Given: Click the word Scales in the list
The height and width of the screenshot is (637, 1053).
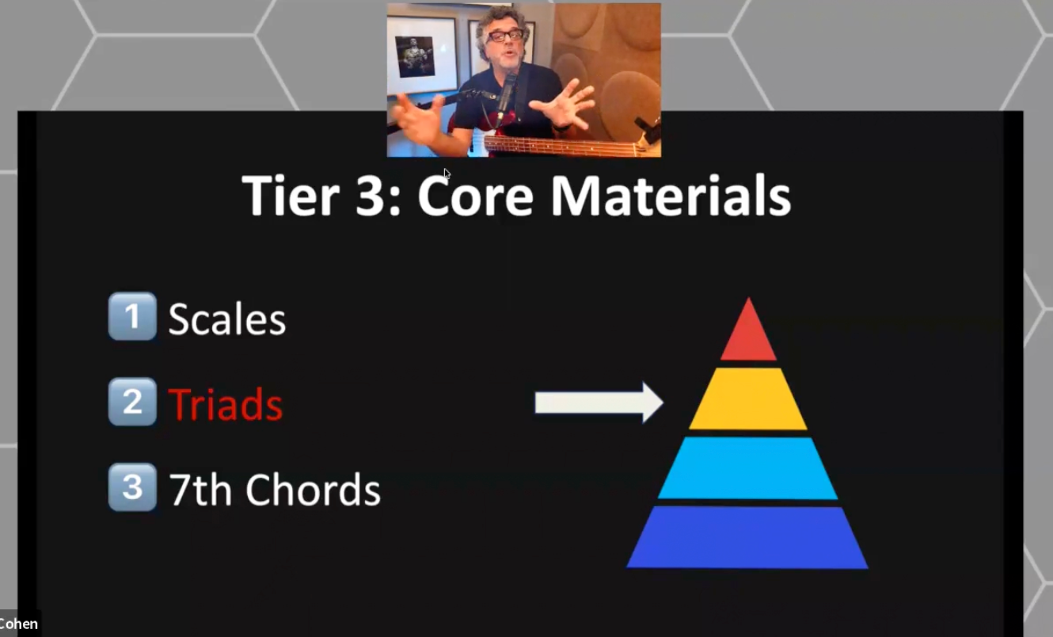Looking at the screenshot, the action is (x=227, y=318).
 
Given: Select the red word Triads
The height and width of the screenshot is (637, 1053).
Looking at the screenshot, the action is (x=225, y=403).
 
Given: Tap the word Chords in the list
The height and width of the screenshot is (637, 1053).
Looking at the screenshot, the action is (x=313, y=490).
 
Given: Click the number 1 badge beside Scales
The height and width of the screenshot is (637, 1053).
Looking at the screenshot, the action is (x=132, y=316).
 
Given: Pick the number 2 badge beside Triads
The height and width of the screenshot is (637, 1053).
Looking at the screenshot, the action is (x=132, y=402).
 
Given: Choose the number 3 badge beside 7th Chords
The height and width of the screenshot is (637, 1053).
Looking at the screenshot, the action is (x=132, y=487).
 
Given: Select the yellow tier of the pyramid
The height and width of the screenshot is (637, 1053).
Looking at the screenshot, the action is (x=748, y=399).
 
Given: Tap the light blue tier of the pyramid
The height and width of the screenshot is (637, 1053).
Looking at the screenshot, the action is (x=748, y=468).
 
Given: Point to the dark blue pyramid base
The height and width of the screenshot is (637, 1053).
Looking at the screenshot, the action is (x=747, y=537).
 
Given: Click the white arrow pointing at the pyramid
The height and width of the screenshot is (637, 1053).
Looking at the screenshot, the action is (x=599, y=402).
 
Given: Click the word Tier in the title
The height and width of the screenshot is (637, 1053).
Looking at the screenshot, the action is (x=291, y=195).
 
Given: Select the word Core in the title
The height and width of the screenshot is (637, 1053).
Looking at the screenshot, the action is (x=475, y=195).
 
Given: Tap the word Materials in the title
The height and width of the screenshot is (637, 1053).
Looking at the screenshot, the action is (x=671, y=195).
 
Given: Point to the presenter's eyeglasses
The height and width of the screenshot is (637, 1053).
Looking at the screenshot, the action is (x=505, y=36).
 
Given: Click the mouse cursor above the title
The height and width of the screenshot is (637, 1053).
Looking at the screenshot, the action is (x=447, y=174).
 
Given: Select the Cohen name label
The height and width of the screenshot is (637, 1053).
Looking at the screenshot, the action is (x=19, y=624).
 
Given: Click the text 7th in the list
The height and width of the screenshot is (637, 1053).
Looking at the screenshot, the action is (x=200, y=490).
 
